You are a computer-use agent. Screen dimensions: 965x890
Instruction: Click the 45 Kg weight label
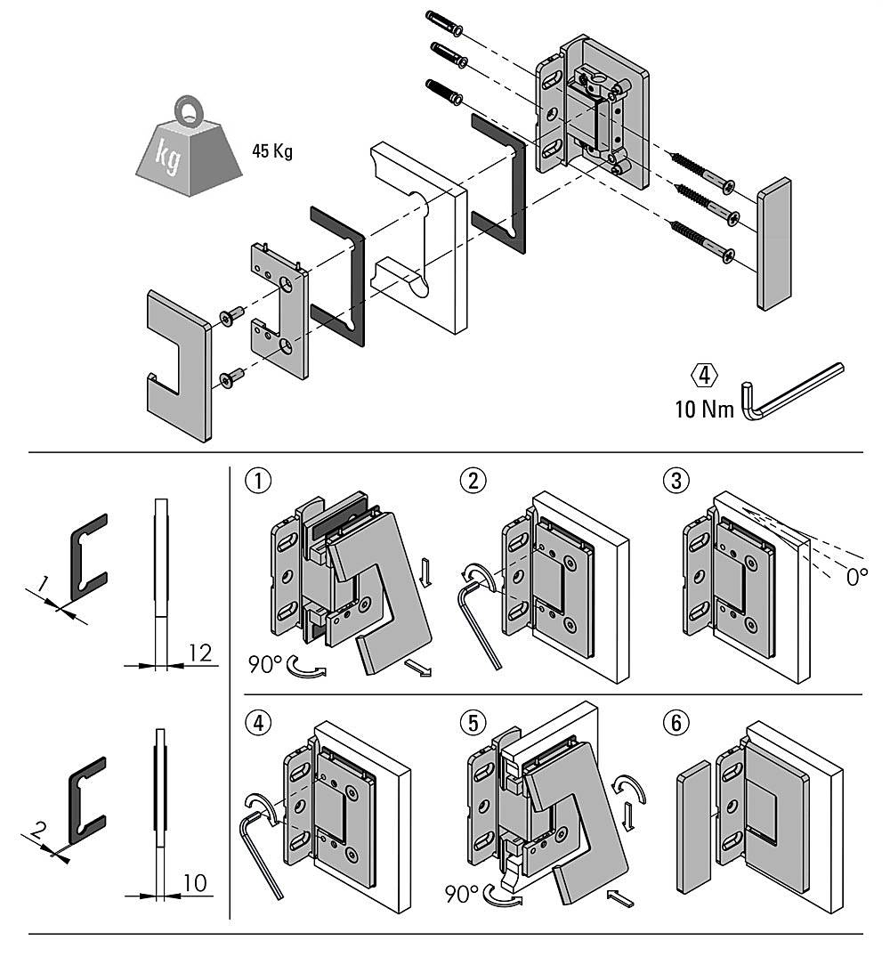(x=271, y=150)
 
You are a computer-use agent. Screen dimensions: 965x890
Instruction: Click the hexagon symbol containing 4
(x=705, y=376)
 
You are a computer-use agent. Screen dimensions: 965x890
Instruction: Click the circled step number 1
(x=257, y=481)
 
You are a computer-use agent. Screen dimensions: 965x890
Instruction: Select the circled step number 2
(x=472, y=481)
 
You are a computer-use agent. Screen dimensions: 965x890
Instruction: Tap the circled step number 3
(x=676, y=481)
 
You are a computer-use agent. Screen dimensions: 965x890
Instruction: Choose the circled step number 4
(x=257, y=724)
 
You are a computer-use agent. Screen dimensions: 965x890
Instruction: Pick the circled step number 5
(x=472, y=724)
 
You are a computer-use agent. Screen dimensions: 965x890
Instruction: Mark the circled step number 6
(x=676, y=724)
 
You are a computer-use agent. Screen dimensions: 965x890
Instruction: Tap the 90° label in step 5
(x=462, y=895)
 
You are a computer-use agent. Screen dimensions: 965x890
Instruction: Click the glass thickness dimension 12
(x=200, y=653)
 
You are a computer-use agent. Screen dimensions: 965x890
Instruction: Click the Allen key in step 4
(x=261, y=846)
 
